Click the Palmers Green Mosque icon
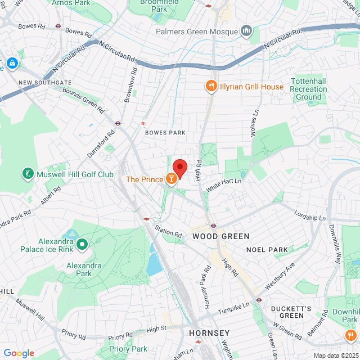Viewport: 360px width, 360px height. coord(246,30)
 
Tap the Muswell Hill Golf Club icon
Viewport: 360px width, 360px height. coord(27,174)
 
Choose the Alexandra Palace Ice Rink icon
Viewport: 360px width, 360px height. coord(82,244)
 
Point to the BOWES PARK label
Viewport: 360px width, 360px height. coord(165,133)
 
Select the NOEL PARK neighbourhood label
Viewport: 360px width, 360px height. coord(267,249)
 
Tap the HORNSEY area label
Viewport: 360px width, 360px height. coord(209,332)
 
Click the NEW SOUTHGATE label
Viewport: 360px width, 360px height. coord(41,83)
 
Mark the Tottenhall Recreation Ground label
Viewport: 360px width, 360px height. coord(308,89)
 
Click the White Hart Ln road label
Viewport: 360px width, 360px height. coord(223,185)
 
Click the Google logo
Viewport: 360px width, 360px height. coord(19,353)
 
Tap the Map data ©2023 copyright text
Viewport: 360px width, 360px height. coord(335,355)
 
